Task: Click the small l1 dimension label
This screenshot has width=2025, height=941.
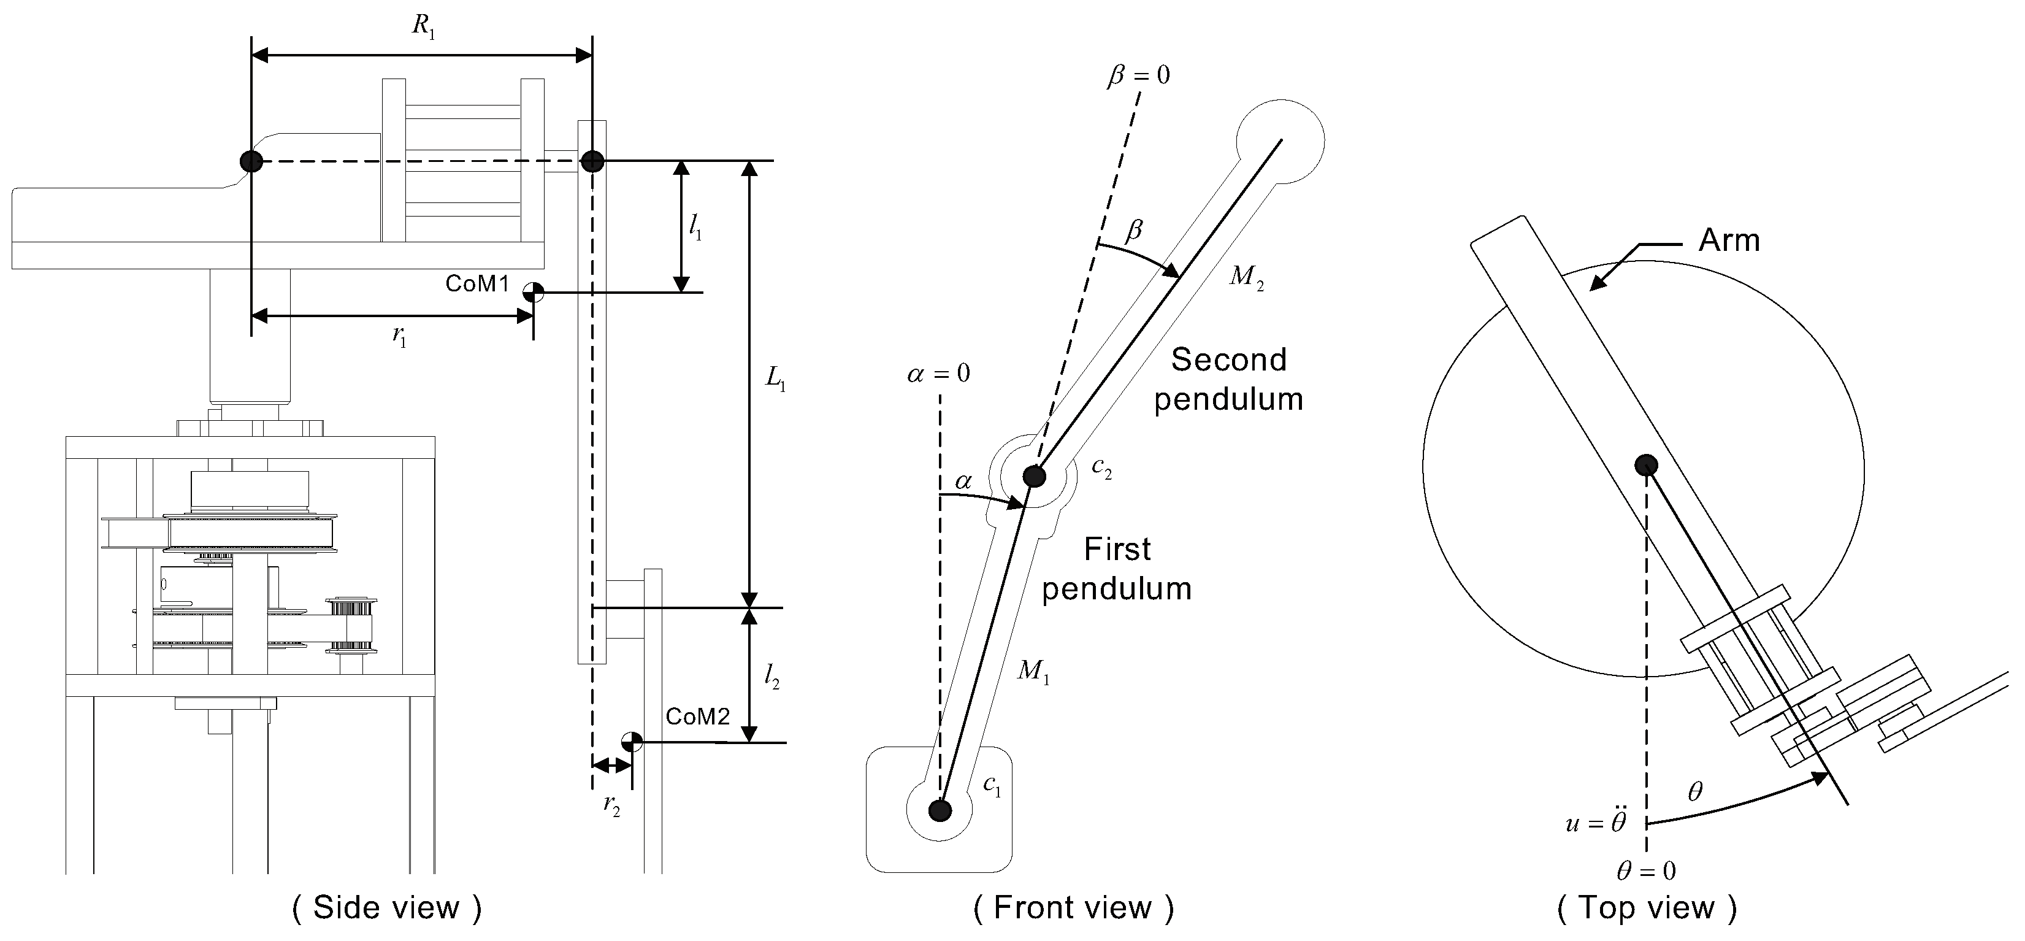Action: [x=695, y=227]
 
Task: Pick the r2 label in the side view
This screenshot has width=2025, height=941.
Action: [x=611, y=806]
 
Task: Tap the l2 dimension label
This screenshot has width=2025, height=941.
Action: [x=772, y=677]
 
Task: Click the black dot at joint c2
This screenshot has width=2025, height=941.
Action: [x=1035, y=475]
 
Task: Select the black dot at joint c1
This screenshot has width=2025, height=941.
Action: [x=940, y=810]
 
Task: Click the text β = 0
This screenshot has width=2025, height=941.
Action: [x=1138, y=76]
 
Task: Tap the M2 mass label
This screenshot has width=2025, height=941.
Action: [x=1247, y=277]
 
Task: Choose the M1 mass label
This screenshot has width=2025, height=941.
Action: [x=1033, y=672]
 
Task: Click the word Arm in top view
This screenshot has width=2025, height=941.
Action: [x=1729, y=240]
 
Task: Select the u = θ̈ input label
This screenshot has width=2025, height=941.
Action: [x=1595, y=823]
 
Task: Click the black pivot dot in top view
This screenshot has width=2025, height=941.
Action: [x=1646, y=466]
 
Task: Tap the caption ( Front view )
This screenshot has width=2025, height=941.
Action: [x=1073, y=908]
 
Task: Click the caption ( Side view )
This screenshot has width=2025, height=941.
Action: [x=387, y=908]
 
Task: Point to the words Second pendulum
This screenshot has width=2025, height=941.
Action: [x=1229, y=380]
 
